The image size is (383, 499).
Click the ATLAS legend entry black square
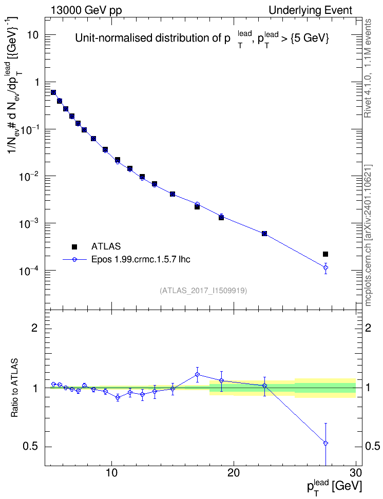tap(74, 246)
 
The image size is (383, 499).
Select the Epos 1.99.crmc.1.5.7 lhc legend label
tap(141, 259)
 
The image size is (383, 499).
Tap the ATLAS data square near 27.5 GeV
tap(325, 254)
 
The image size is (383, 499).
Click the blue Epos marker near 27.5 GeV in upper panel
tap(325, 267)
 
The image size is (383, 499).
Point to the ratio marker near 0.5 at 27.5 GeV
tap(325, 443)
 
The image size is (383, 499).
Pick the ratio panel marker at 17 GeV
tap(197, 375)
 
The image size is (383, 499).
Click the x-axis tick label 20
tap(234, 472)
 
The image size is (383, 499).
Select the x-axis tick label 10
tap(111, 472)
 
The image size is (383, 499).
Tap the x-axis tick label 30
tap(356, 472)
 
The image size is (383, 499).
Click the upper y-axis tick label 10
tap(33, 35)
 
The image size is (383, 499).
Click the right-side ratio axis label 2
tap(368, 328)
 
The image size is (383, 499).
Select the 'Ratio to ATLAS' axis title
tap(14, 388)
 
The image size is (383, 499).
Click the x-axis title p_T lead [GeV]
tap(334, 487)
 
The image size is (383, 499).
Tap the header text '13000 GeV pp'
tap(86, 10)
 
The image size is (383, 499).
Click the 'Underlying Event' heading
tap(311, 10)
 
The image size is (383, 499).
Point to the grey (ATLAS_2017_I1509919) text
tap(203, 290)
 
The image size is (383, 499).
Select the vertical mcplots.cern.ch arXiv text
tap(368, 235)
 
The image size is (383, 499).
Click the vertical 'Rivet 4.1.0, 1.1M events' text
tap(368, 68)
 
